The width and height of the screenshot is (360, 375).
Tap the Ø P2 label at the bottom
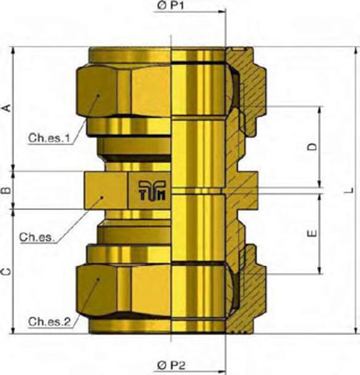pyautogui.click(x=171, y=365)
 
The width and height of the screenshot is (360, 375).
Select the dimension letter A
pyautogui.click(x=8, y=108)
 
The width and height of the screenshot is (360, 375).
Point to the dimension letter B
pyautogui.click(x=8, y=190)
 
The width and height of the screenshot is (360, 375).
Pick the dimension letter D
pyautogui.click(x=312, y=147)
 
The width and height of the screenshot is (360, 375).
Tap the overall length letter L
pyautogui.click(x=350, y=191)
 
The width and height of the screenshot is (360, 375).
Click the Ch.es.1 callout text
pyautogui.click(x=49, y=138)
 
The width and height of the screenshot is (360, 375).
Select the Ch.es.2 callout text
pyautogui.click(x=49, y=322)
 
